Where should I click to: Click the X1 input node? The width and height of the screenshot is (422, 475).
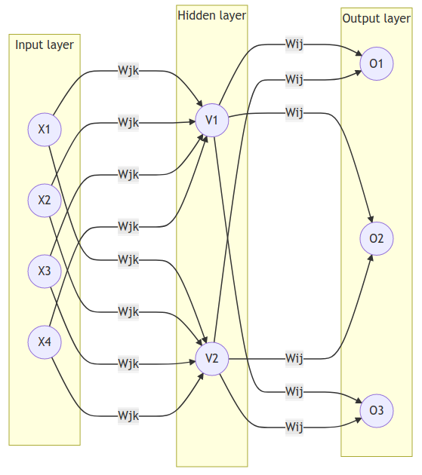(45, 129)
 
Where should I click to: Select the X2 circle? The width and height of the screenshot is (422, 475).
(45, 200)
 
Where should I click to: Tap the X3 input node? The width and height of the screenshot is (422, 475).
(45, 271)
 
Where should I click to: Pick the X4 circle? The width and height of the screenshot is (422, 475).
(45, 342)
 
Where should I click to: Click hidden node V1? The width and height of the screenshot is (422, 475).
(211, 120)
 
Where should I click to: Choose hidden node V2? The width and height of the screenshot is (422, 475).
(211, 358)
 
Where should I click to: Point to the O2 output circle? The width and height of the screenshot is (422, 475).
(377, 239)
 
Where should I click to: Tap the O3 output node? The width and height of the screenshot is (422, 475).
(377, 411)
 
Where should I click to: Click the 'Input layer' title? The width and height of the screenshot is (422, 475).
(45, 45)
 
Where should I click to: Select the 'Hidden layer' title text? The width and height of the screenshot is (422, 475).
(211, 15)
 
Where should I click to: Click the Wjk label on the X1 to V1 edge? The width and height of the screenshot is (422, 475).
(128, 72)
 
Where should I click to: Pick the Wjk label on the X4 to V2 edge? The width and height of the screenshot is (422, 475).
(128, 415)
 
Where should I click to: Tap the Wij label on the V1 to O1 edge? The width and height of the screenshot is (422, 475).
(294, 42)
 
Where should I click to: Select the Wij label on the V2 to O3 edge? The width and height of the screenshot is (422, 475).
(294, 427)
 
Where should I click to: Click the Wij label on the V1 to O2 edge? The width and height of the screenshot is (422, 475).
(294, 113)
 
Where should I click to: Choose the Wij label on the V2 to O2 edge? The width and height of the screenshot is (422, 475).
(294, 358)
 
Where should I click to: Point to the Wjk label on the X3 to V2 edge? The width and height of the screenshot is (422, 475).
(128, 364)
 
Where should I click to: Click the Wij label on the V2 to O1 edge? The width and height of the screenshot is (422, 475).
(294, 78)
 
